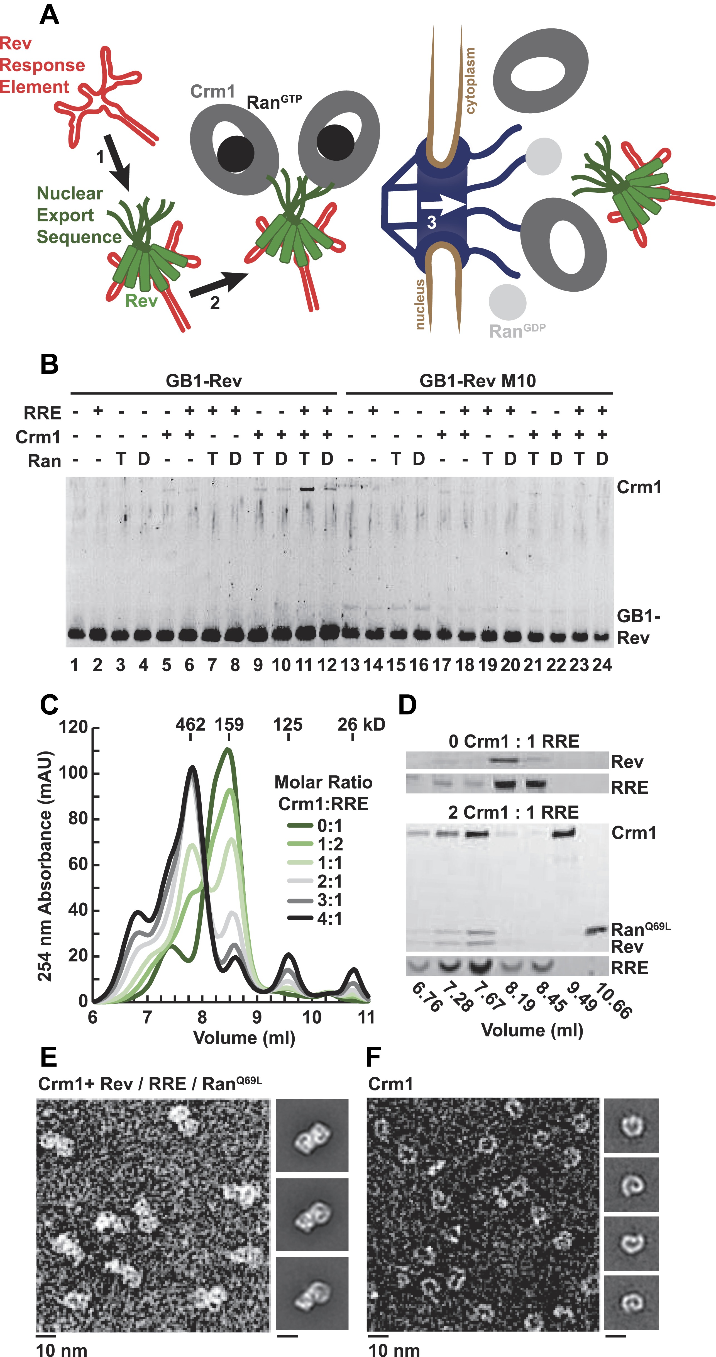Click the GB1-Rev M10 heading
tap(477, 380)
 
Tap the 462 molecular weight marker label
tap(190, 724)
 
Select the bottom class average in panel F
tap(631, 1302)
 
